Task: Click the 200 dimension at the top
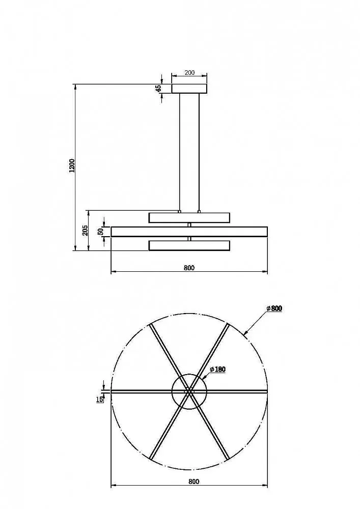point(189,73)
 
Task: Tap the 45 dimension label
point(158,88)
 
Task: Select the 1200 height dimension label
point(72,165)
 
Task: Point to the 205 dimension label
point(85,231)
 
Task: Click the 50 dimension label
point(101,232)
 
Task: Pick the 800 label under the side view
point(189,268)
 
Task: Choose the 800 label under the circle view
point(194,482)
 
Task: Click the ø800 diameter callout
point(274,308)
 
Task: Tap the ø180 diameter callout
point(218,370)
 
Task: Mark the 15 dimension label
point(100,399)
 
